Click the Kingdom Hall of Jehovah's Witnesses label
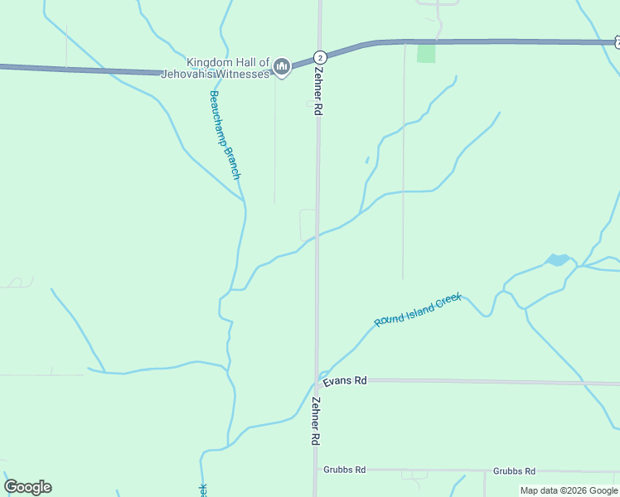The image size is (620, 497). pyautogui.click(x=228, y=68)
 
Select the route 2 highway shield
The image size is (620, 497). pyautogui.click(x=320, y=57)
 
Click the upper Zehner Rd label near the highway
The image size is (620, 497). pyautogui.click(x=317, y=90)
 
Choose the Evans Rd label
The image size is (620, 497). pyautogui.click(x=345, y=381)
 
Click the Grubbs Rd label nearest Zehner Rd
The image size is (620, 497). pyautogui.click(x=345, y=470)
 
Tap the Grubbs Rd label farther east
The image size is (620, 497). pyautogui.click(x=514, y=470)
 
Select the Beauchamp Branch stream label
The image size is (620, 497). pyautogui.click(x=224, y=135)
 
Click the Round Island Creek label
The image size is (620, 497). pyautogui.click(x=417, y=310)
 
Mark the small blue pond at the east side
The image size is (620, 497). pyautogui.click(x=557, y=260)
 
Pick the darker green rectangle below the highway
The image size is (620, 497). pyautogui.click(x=426, y=53)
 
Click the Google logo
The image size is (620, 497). pyautogui.click(x=27, y=487)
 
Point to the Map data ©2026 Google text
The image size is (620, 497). pyautogui.click(x=569, y=490)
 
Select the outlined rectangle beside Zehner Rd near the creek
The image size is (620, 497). pyautogui.click(x=307, y=224)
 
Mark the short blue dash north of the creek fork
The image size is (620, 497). pyautogui.click(x=366, y=160)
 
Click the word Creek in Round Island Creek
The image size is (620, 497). pyautogui.click(x=445, y=300)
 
